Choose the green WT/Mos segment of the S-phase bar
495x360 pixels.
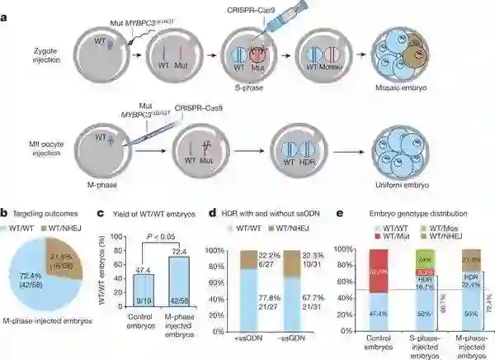pos(425,258)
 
